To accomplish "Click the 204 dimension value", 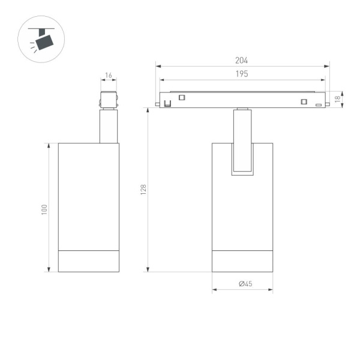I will click(242, 60).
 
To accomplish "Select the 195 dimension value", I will click(242, 74).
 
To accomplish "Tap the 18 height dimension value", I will click(338, 98).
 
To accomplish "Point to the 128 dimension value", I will click(143, 190).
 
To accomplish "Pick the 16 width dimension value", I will click(109, 76).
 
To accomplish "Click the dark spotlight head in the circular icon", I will click(44, 41).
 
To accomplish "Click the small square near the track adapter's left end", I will click(182, 98).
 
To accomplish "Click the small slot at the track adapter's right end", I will click(319, 104).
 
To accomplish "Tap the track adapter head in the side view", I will click(109, 100).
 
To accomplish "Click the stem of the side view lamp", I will click(109, 126).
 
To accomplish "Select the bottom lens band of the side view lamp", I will click(88, 260).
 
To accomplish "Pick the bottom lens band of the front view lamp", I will click(242, 260).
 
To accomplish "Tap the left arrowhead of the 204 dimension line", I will click(157, 65).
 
